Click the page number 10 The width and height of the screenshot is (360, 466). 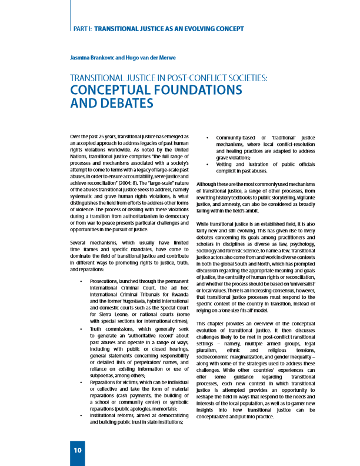click(77, 450)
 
